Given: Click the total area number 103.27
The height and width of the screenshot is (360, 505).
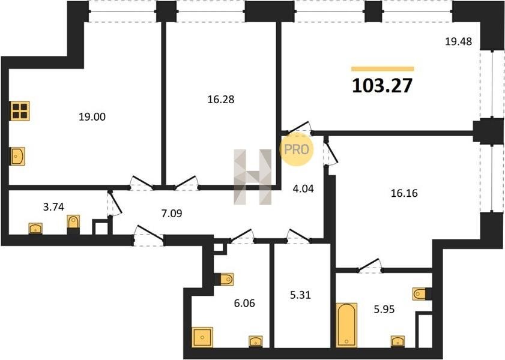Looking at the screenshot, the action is point(382,86).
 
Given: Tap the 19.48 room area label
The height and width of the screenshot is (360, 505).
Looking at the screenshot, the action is point(458,41).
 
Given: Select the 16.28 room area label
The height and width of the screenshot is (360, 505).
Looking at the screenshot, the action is point(221,100).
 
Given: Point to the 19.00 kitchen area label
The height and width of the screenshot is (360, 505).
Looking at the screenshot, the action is point(92,116).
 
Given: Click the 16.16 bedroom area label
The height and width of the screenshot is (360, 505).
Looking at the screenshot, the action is point(404,193).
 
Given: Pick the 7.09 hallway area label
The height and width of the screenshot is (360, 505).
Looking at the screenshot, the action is point(172,213).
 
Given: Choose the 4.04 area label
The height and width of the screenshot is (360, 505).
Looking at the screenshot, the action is point(303,188).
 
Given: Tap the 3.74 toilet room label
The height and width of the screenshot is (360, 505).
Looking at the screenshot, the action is point(53,207).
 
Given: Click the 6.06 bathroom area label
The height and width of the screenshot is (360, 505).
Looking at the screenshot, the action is point(244,303).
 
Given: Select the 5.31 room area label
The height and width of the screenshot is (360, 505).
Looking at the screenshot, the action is point(300,295).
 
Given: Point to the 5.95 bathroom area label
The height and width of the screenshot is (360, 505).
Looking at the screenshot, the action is point(384,309).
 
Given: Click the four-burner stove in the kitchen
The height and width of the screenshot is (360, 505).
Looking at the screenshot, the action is point(20,111).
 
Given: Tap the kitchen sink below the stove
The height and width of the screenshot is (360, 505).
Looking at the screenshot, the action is point(17,157).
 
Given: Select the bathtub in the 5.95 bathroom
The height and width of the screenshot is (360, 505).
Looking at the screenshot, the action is point(346,325).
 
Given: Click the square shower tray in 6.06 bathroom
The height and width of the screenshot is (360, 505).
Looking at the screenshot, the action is point(202,337).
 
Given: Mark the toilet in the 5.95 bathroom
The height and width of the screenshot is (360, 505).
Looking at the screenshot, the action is point(420,294).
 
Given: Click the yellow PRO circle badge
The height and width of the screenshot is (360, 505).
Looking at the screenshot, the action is point(296,149).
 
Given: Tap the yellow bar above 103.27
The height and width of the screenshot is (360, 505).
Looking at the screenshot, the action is point(383,68).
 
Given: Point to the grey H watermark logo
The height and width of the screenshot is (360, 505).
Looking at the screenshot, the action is point(253,177).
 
